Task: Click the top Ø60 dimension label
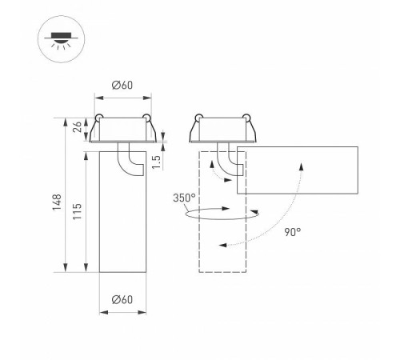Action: click(122, 86)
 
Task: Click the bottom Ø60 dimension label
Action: click(122, 299)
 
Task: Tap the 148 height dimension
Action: click(57, 202)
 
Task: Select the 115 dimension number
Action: click(78, 211)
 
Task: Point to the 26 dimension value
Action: click(78, 127)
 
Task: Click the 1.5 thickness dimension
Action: click(157, 162)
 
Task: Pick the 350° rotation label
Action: click(184, 198)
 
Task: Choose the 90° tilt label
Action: click(293, 232)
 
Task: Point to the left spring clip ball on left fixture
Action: click(99, 117)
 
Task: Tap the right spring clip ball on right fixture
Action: click(246, 118)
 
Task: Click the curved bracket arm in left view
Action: click(123, 166)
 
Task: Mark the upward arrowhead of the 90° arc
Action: click(302, 166)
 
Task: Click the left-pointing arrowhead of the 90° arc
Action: click(222, 245)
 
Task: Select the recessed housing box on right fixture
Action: click(222, 130)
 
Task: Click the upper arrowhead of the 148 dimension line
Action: click(66, 122)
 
